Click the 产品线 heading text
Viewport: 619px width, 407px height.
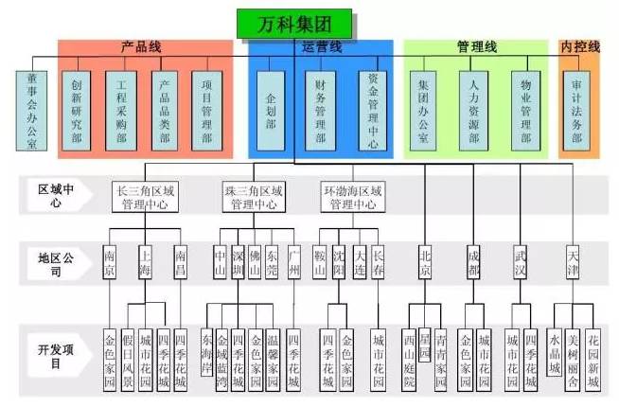[141, 46]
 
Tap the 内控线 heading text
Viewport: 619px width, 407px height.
[579, 46]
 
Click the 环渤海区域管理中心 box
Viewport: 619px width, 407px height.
[352, 197]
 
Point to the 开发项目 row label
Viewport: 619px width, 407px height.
[54, 358]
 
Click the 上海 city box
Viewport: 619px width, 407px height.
[145, 262]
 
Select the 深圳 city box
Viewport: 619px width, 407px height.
[239, 262]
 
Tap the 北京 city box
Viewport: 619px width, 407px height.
[425, 262]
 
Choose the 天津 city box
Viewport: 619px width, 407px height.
[574, 262]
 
